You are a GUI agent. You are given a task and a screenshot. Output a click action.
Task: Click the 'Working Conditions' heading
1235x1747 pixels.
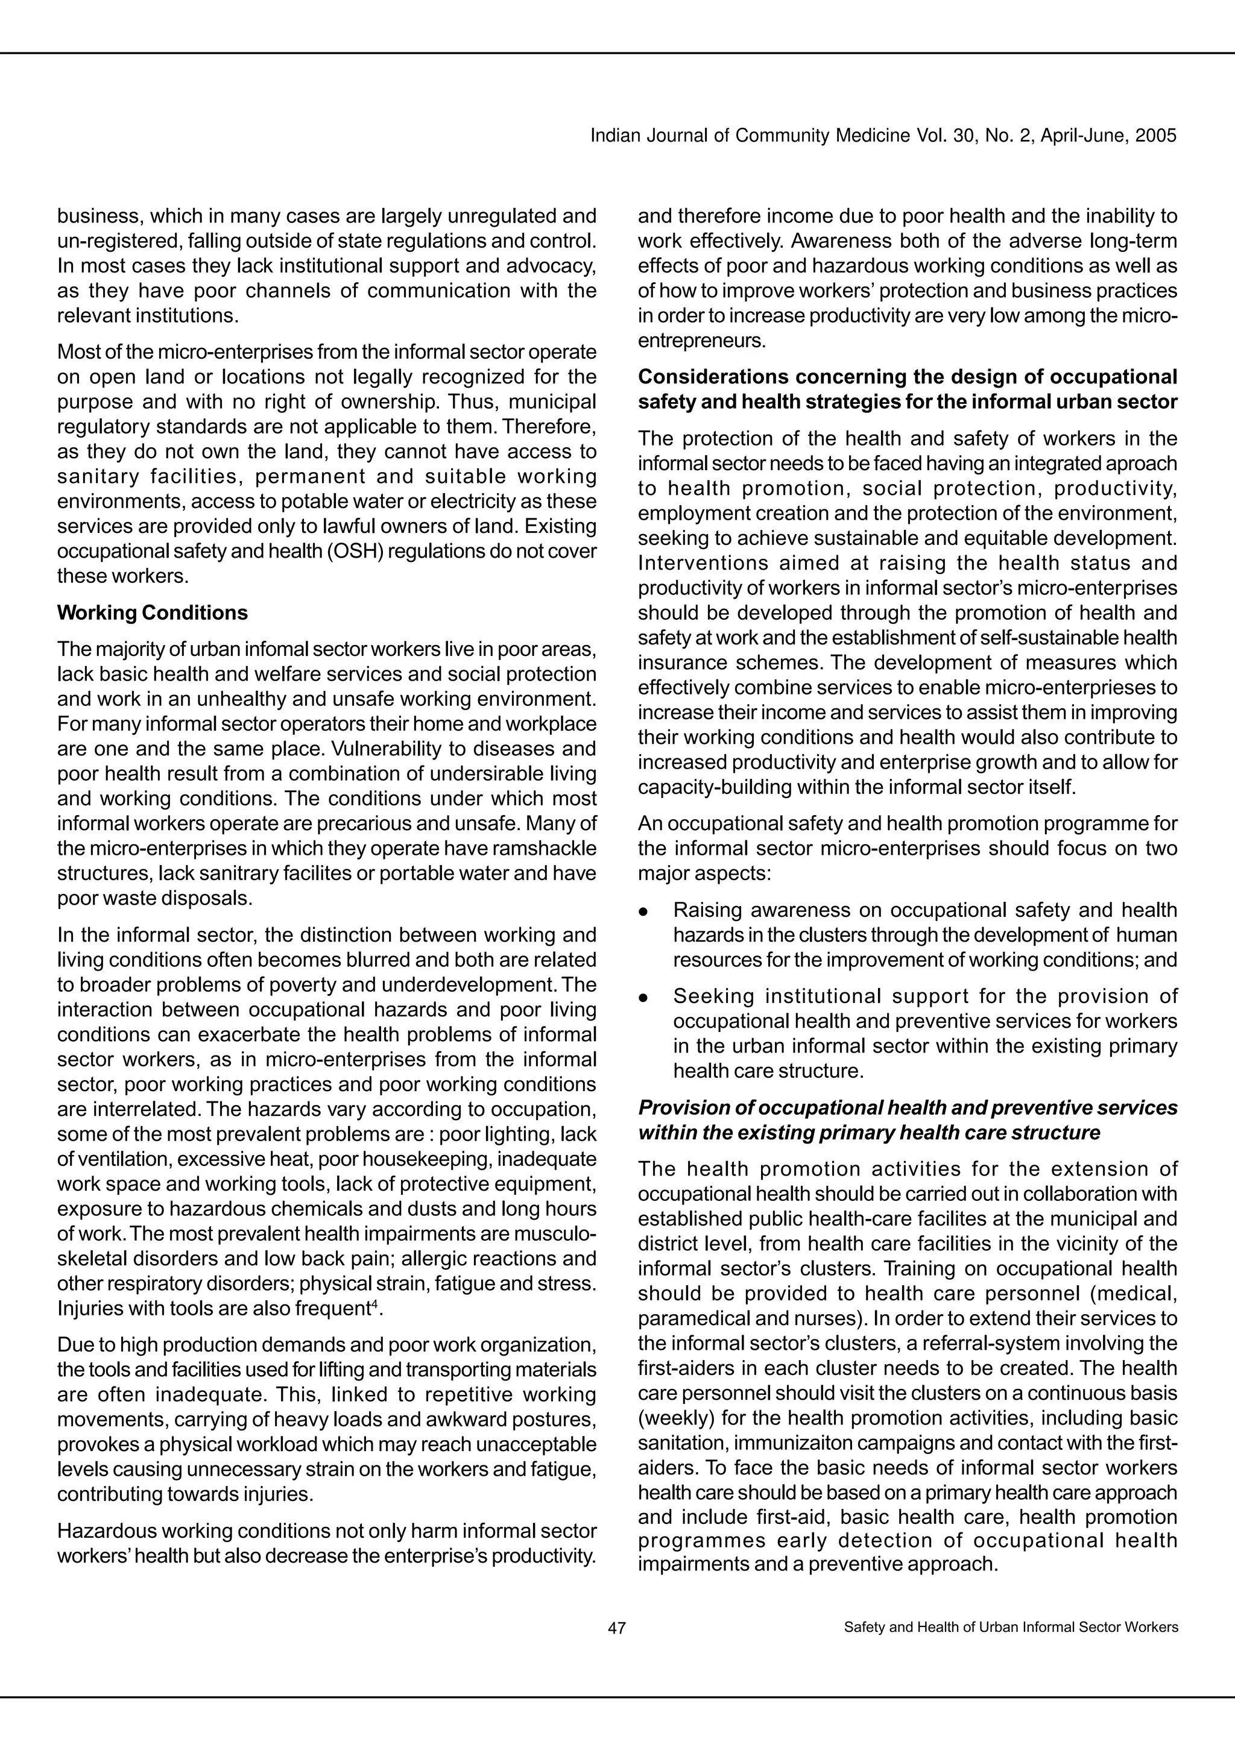point(152,612)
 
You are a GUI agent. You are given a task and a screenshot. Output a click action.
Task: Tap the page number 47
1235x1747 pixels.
point(617,1628)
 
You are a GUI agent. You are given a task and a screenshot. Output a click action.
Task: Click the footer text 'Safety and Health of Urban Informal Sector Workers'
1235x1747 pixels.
point(1011,1628)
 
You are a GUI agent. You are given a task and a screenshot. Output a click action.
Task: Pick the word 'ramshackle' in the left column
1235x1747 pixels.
point(552,848)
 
